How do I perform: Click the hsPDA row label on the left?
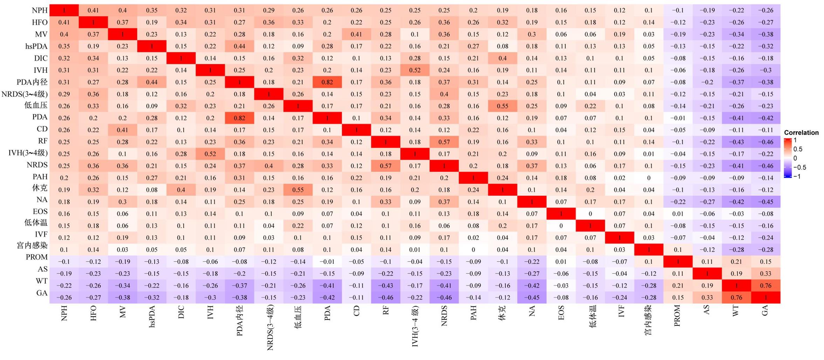click(36, 46)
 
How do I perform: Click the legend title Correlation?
click(801, 133)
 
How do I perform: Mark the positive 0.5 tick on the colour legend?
click(798, 149)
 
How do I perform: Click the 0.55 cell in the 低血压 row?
click(502, 106)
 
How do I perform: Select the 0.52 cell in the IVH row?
click(415, 70)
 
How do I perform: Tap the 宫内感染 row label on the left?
click(32, 245)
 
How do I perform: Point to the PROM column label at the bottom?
click(677, 315)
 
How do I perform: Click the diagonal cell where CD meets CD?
click(356, 130)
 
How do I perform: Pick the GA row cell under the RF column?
click(386, 298)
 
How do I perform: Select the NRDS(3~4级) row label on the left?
click(25, 94)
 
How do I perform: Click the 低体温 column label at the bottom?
click(590, 317)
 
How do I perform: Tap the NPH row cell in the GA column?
click(765, 11)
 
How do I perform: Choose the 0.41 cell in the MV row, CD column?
click(356, 34)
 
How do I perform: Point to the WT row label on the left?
click(41, 281)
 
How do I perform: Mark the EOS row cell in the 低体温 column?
click(590, 214)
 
